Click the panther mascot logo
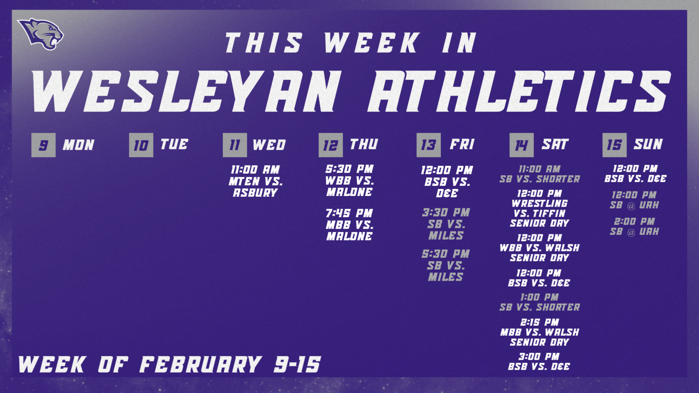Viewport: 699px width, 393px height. coord(41,34)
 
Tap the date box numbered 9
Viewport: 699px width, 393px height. coord(43,145)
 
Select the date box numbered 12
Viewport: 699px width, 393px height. coord(331,145)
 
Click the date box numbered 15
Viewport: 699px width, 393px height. coord(614,145)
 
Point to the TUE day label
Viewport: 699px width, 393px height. coord(174,144)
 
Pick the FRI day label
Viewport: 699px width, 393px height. coord(462,144)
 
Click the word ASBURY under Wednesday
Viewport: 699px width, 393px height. coord(255,193)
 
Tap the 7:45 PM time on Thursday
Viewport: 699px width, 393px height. coord(349,213)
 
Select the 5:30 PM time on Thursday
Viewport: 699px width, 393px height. coord(349,169)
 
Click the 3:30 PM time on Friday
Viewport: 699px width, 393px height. coord(446,212)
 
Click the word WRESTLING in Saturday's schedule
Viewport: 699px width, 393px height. coord(540,203)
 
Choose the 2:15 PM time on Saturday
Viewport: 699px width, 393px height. coord(540,322)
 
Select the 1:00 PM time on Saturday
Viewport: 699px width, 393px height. coord(540,297)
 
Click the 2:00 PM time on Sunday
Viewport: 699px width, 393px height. coord(634,221)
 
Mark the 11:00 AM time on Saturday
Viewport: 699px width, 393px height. coord(540,169)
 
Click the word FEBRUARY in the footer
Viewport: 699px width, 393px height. coord(201,365)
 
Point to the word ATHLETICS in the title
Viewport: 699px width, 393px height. coord(519,92)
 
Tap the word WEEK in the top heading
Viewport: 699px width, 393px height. coord(372,43)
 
